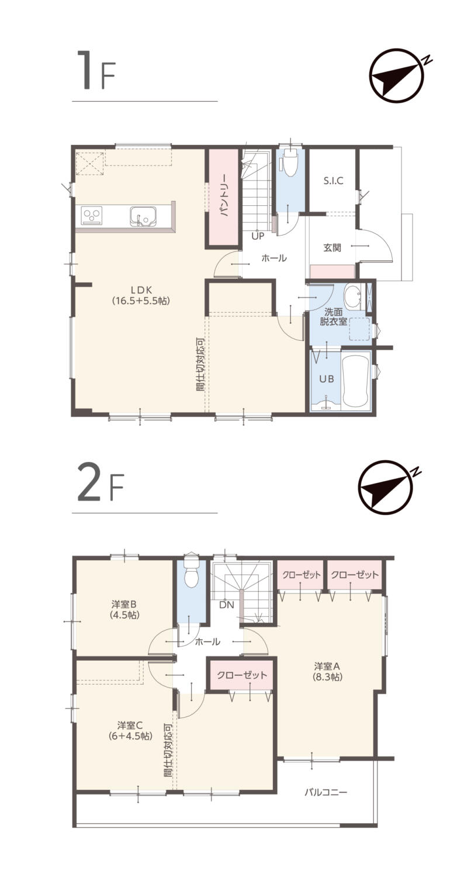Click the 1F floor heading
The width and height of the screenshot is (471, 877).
96,71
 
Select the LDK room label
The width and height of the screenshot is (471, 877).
141,295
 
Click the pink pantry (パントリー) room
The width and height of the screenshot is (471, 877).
223,198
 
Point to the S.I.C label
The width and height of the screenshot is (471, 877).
333,181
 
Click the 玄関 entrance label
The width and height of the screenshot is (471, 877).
332,247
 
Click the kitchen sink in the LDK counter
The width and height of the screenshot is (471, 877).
143,216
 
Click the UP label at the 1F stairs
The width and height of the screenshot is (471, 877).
258,236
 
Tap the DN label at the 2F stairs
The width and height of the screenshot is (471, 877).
227,605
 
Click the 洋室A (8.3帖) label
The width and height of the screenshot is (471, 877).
328,671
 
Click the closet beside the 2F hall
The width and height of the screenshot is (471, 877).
242,675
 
